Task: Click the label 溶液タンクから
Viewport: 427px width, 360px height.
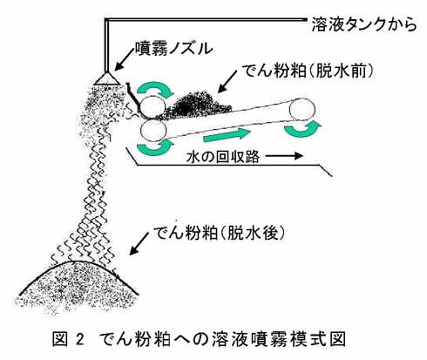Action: [x=364, y=24]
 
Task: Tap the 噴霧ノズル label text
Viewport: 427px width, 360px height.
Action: [x=173, y=48]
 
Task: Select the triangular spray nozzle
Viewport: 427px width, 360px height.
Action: [x=108, y=78]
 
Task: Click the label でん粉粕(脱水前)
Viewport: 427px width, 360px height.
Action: [x=308, y=71]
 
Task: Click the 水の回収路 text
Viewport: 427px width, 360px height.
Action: [x=223, y=157]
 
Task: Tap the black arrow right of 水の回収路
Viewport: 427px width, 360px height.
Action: [x=284, y=156]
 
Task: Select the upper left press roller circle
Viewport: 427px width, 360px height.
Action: [x=152, y=106]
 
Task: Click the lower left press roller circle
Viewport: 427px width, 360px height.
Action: [x=152, y=131]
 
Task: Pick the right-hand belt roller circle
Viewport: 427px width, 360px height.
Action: [x=302, y=111]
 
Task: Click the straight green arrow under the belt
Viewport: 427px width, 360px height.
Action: [x=227, y=135]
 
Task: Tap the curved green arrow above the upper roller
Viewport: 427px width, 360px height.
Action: [x=155, y=88]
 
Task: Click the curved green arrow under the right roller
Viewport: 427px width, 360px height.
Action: [x=302, y=131]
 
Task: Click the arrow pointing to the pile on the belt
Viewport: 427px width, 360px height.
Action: [x=227, y=81]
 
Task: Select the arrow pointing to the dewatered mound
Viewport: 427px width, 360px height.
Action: [x=140, y=243]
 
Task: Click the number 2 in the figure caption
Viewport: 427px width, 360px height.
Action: [x=80, y=339]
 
